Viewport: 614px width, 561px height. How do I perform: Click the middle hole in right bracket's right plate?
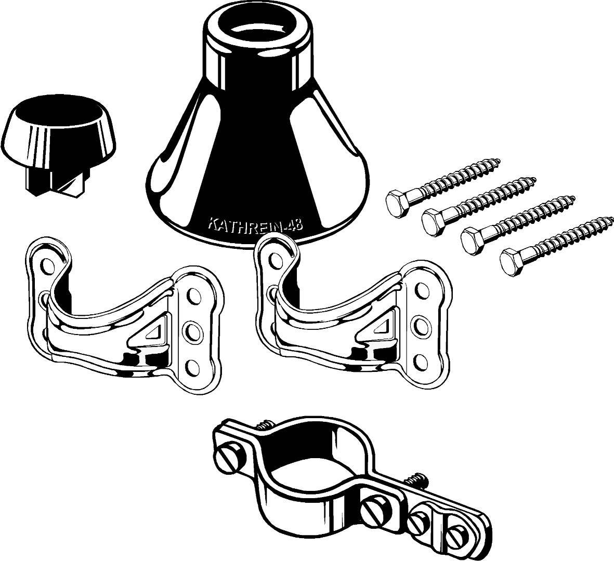[x=421, y=324]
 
